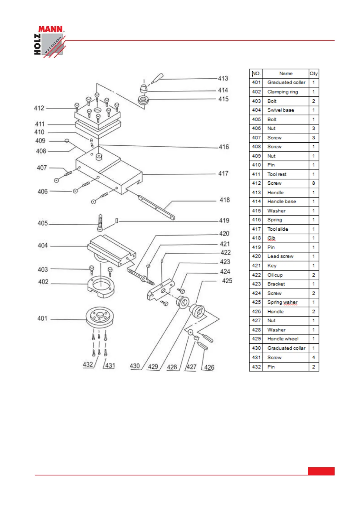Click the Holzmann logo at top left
tap(49, 42)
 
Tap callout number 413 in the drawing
tap(223, 78)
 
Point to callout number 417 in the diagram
tap(223, 173)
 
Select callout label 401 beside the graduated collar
tap(42, 318)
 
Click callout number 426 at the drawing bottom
tap(209, 367)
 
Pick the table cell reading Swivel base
tap(280, 110)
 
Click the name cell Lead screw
tap(280, 256)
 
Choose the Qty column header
tap(313, 73)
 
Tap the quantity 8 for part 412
tap(313, 183)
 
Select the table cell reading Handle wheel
tap(283, 339)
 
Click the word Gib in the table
tap(271, 238)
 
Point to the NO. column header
tap(256, 73)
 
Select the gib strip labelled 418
tap(156, 207)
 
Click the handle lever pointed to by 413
tap(157, 78)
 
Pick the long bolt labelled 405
tap(100, 222)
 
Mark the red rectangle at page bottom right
tap(321, 471)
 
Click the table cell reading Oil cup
tap(275, 275)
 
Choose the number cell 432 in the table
tap(256, 367)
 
